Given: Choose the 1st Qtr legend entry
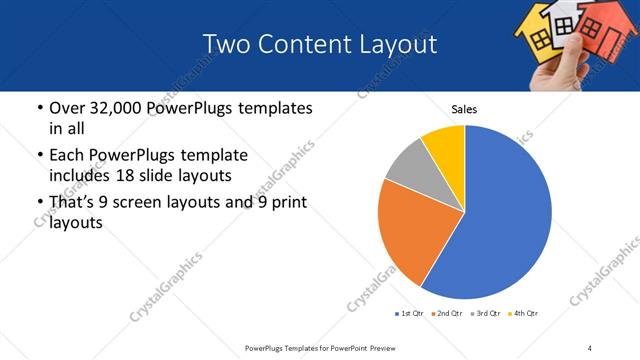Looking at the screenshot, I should pyautogui.click(x=410, y=314).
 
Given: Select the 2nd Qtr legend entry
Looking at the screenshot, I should pyautogui.click(x=447, y=314).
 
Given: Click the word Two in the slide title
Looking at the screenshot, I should pyautogui.click(x=225, y=45).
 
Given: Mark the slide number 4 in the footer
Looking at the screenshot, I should pyautogui.click(x=590, y=347).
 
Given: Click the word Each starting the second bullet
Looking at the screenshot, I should pyautogui.click(x=67, y=156).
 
